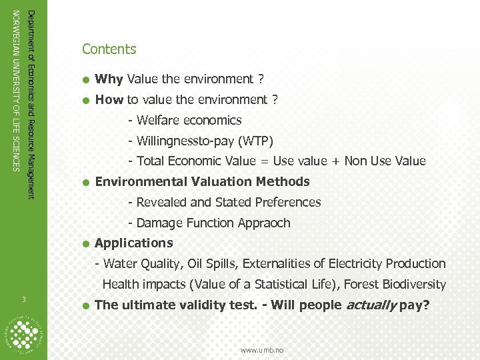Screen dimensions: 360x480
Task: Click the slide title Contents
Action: [x=109, y=49]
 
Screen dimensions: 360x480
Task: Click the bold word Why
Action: [x=109, y=79]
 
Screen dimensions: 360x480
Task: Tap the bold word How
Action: [x=109, y=100]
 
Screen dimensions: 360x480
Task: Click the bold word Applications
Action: [x=134, y=243]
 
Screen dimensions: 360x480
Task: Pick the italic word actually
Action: [x=369, y=305]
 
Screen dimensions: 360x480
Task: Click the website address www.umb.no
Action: [x=262, y=349]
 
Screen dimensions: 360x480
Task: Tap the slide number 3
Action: [x=23, y=298]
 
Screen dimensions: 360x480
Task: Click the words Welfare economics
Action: [x=189, y=121]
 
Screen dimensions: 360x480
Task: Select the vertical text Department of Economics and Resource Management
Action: [x=31, y=103]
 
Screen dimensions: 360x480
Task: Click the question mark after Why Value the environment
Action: [x=260, y=79]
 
